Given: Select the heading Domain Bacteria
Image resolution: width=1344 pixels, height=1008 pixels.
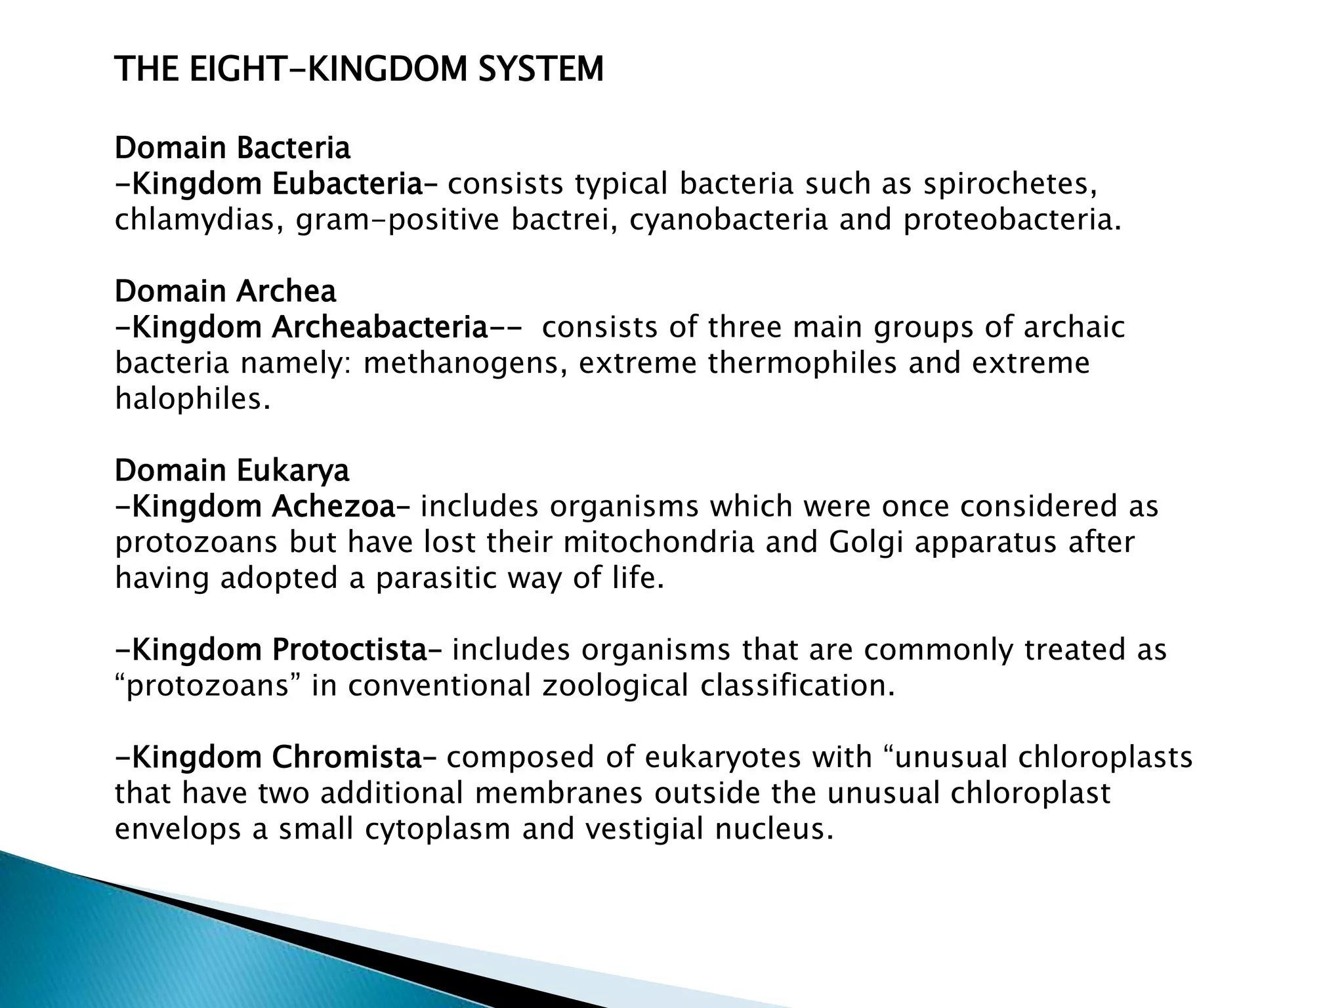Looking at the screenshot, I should [x=232, y=148].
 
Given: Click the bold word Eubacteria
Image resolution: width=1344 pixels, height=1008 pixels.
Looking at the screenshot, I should [x=348, y=184].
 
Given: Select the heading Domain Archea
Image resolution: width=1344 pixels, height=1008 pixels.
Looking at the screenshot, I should [x=225, y=291].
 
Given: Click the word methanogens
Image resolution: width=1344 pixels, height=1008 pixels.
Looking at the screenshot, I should [x=465, y=363].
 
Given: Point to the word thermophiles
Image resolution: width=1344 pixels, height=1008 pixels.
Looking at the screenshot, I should [x=802, y=363].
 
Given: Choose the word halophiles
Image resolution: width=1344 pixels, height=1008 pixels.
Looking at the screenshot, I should [x=192, y=398].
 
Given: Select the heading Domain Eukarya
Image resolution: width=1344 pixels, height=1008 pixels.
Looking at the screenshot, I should [x=232, y=471].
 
